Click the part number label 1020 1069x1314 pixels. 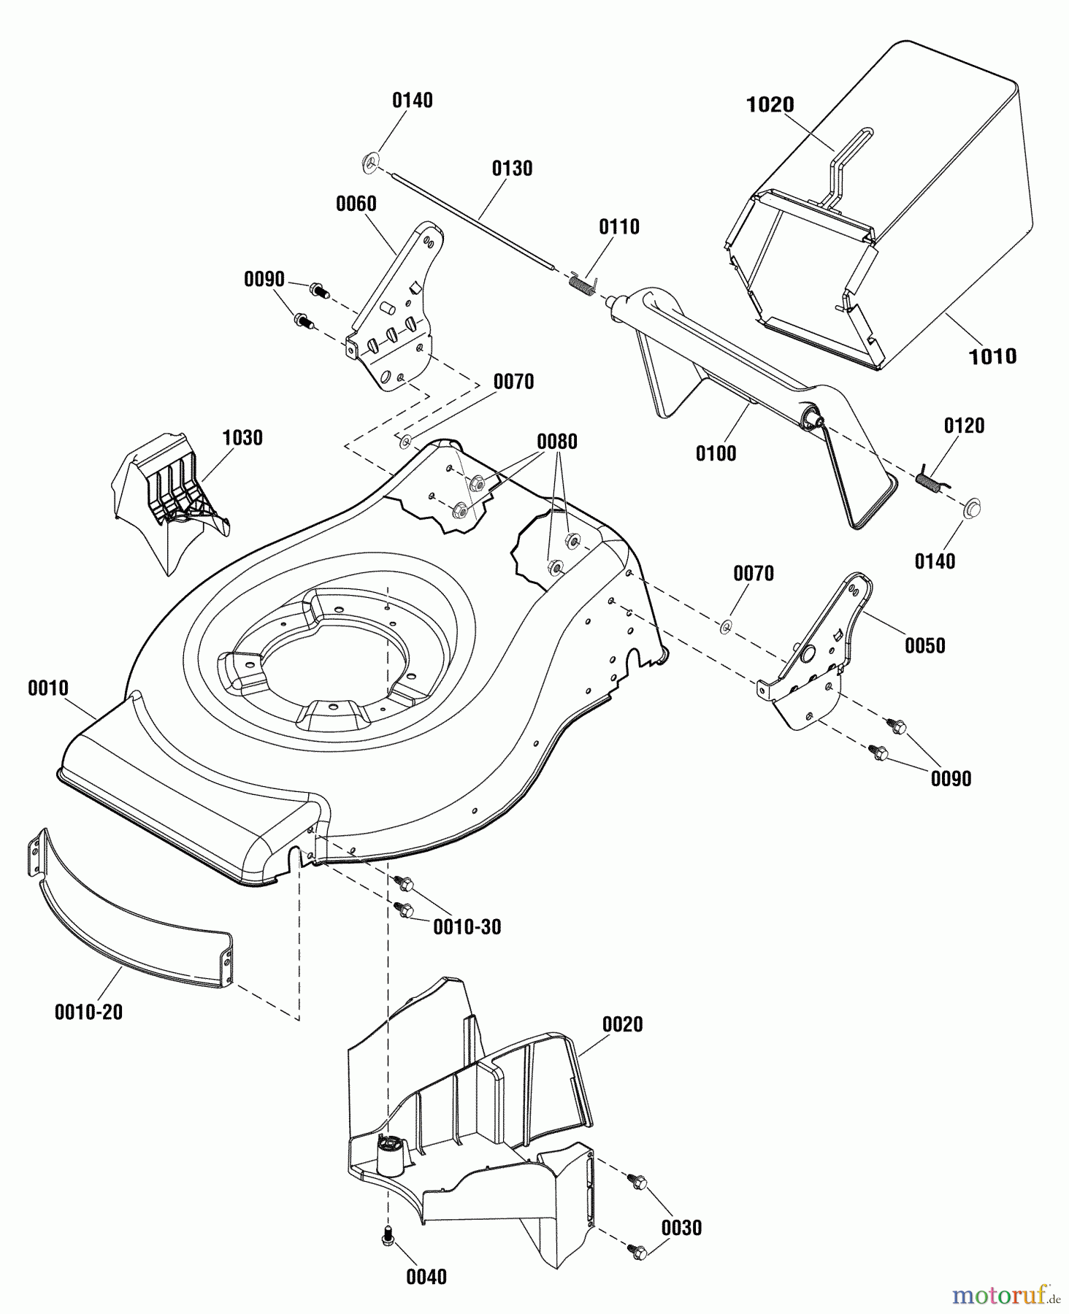pyautogui.click(x=770, y=105)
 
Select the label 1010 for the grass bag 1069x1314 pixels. pyautogui.click(x=992, y=356)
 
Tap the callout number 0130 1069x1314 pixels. pyautogui.click(x=512, y=169)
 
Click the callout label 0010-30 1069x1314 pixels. pyautogui.click(x=467, y=927)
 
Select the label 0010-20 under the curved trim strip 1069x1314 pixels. pyautogui.click(x=88, y=1013)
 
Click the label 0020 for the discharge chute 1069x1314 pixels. pyautogui.click(x=622, y=1024)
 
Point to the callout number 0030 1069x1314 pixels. pyautogui.click(x=681, y=1228)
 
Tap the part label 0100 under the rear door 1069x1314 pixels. pyautogui.click(x=716, y=453)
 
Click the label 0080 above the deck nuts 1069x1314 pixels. pyautogui.click(x=557, y=442)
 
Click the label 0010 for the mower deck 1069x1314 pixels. pyautogui.click(x=48, y=688)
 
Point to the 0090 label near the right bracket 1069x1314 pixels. pyautogui.click(x=951, y=778)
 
